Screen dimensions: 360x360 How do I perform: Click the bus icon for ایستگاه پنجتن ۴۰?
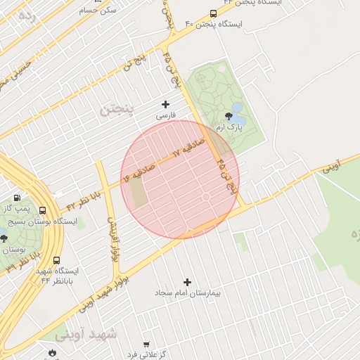click(213, 13)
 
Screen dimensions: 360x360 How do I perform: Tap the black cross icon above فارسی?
click(166, 104)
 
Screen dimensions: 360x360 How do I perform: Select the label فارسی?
click(165, 115)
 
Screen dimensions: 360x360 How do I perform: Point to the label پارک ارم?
click(231, 128)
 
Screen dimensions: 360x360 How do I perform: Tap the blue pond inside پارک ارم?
click(236, 108)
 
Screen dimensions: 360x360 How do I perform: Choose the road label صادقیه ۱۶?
click(139, 171)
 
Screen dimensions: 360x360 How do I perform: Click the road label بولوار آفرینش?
click(111, 235)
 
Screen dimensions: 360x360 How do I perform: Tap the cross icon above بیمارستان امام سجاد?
click(187, 282)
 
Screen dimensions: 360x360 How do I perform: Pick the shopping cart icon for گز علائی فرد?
click(146, 345)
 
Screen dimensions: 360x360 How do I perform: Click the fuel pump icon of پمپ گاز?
click(17, 198)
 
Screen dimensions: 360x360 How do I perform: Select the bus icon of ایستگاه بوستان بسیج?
click(43, 210)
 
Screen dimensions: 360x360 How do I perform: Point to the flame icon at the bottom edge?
click(51, 352)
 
